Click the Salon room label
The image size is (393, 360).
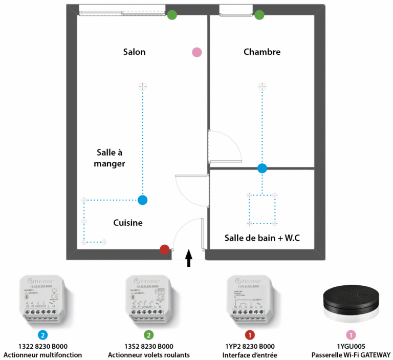tap(134, 52)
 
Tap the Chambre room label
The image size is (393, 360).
tap(262, 52)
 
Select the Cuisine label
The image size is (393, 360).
tap(127, 223)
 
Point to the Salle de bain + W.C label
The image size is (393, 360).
tap(261, 238)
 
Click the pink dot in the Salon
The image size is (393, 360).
tap(196, 52)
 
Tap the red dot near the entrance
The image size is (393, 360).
tap(164, 249)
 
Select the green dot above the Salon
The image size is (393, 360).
tap(172, 14)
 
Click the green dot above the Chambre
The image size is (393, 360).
tap(259, 14)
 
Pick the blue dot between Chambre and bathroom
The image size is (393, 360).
tap(262, 167)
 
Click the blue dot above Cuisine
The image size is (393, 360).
tap(143, 200)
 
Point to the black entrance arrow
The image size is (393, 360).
tap(188, 258)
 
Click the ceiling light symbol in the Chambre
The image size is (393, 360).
tap(262, 86)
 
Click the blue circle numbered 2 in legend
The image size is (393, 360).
tap(43, 335)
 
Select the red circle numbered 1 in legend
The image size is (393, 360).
tap(249, 335)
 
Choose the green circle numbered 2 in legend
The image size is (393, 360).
tap(148, 335)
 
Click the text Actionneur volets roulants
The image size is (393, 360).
tap(148, 354)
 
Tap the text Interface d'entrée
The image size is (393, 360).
tap(249, 354)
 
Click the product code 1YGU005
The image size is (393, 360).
tap(351, 346)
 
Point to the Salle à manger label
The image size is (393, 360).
tap(111, 158)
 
